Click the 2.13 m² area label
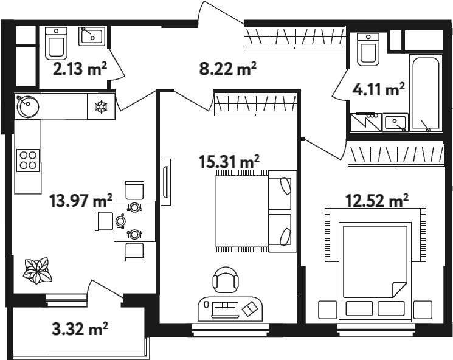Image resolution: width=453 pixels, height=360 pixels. [x=80, y=69]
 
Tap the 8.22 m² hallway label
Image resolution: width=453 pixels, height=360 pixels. [x=227, y=69]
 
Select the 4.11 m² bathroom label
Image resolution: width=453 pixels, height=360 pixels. [x=378, y=89]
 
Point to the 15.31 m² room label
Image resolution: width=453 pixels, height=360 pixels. [x=229, y=161]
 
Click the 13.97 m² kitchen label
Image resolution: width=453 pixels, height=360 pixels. [x=81, y=201]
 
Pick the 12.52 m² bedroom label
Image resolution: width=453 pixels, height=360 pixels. [x=377, y=201]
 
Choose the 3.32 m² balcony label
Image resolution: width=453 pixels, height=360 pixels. [x=80, y=329]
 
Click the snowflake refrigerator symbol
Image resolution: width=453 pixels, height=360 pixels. [x=101, y=106]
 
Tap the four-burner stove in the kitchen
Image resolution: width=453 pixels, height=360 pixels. [x=28, y=161]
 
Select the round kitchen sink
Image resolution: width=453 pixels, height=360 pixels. [x=28, y=106]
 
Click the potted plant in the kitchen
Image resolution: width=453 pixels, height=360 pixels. [x=37, y=270]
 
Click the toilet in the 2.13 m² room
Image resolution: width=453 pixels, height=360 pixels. [x=57, y=43]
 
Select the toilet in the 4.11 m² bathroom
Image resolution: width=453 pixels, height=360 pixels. [x=368, y=49]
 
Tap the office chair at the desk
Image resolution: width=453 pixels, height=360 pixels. [x=226, y=279]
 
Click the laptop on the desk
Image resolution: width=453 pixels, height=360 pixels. [x=226, y=310]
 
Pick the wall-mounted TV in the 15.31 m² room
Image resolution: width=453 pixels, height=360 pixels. [x=165, y=182]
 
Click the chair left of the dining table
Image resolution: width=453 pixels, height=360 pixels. [x=104, y=221]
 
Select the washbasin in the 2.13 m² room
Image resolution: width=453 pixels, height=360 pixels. [x=92, y=36]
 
